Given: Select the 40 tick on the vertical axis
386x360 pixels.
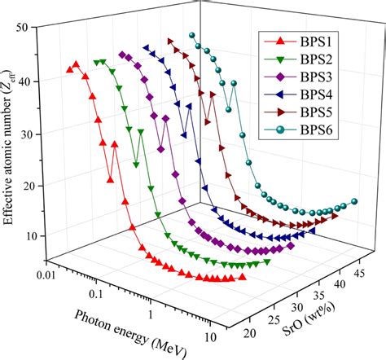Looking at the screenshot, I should pyautogui.click(x=36, y=81).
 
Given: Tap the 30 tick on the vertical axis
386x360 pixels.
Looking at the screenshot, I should pyautogui.click(x=36, y=134).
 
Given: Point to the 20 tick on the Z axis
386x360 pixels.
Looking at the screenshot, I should pyautogui.click(x=36, y=186).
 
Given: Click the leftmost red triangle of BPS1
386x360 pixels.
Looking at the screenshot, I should pyautogui.click(x=69, y=70).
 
